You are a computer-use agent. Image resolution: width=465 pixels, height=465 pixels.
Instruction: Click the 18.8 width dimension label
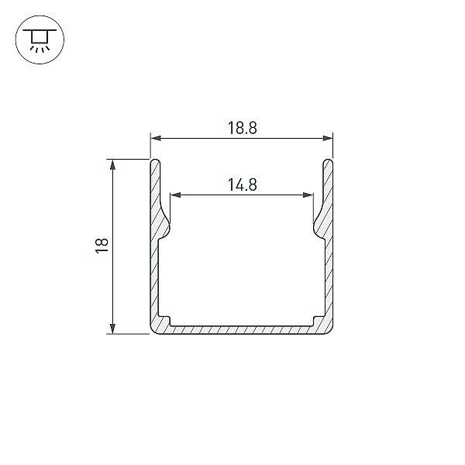tap(242, 128)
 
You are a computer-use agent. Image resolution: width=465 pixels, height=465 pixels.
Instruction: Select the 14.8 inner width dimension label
tap(242, 184)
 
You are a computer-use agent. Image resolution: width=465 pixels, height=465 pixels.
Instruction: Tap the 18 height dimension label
tap(102, 246)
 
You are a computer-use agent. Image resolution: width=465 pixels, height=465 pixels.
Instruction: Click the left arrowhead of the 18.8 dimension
tap(156, 138)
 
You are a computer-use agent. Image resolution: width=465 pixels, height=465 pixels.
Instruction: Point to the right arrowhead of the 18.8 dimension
tap(327, 138)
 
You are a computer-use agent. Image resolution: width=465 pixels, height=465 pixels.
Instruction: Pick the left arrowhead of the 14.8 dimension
tap(175, 195)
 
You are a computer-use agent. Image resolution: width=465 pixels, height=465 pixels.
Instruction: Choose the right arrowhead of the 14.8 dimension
tap(308, 195)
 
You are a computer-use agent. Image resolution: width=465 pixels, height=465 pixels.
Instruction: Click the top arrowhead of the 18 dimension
tap(112, 164)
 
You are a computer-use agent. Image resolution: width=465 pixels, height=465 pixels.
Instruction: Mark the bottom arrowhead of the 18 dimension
tap(112, 329)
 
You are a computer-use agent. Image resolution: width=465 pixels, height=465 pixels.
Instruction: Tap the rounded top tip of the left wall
tap(156, 161)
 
